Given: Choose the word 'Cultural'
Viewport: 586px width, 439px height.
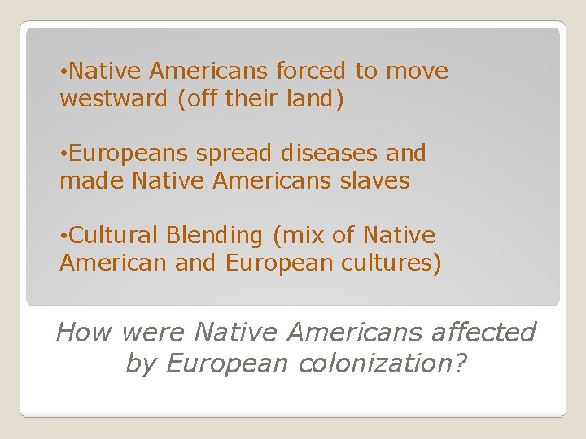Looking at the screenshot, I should tap(114, 235).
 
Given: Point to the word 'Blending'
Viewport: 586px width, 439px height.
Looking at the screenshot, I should tap(215, 236).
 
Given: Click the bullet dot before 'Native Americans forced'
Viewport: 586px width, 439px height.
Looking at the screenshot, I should tap(63, 72).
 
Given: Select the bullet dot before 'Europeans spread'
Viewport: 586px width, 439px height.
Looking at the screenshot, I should tap(63, 154).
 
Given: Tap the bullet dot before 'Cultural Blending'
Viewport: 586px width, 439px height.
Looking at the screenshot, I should tap(63, 236).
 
